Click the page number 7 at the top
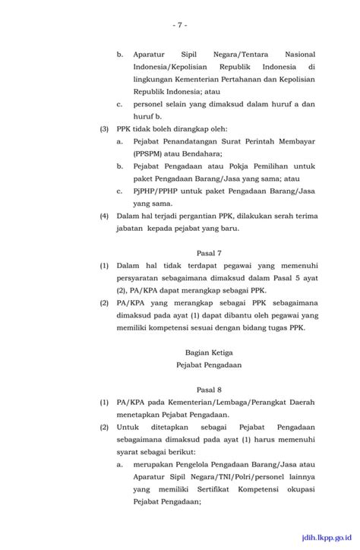pos(180,25)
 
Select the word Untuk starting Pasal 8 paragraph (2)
pos(130,427)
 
